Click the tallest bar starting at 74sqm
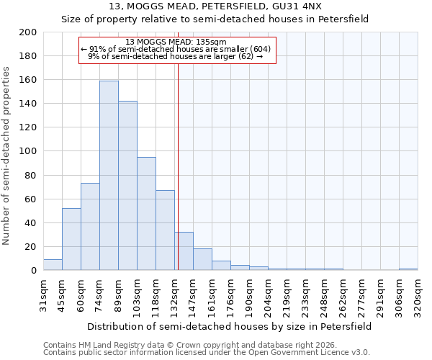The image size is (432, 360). [109, 176]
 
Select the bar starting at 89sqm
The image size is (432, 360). [127, 186]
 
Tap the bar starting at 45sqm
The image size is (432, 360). [71, 239]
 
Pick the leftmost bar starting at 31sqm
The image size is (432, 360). [53, 265]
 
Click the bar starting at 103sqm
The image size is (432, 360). [146, 214]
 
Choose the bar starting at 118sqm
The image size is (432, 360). [165, 230]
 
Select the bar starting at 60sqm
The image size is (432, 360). [90, 227]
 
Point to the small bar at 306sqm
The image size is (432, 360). [408, 269]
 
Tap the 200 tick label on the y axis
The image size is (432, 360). [27, 32]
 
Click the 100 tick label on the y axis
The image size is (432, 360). [27, 151]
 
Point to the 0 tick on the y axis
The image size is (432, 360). [34, 271]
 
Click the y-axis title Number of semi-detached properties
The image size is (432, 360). [6, 155]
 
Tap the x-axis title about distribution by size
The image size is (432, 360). [230, 326]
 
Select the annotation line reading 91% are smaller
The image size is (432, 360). [176, 49]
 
